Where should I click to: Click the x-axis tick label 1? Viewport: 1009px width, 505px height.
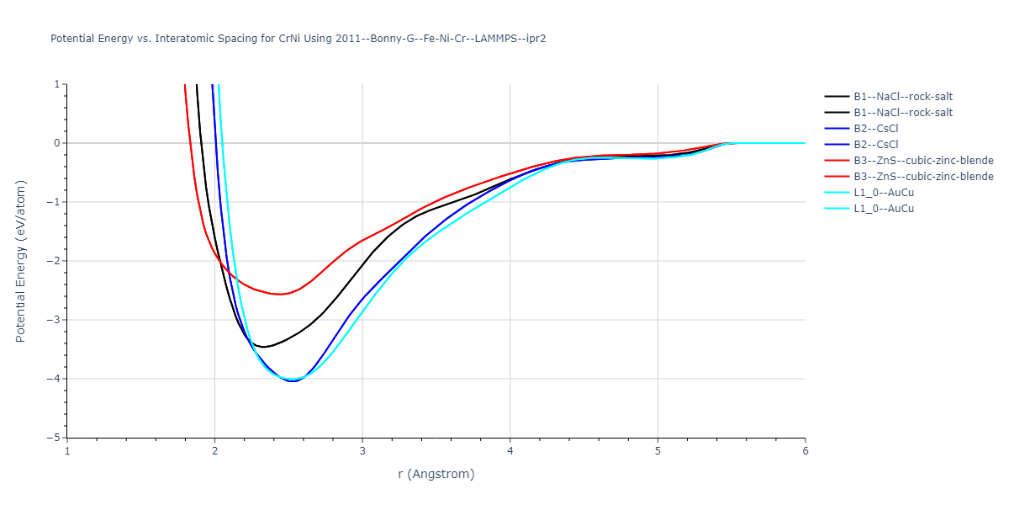[x=67, y=451]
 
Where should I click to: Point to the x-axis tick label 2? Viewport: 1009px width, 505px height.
[x=215, y=451]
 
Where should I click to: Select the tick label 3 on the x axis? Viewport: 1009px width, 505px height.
[x=362, y=451]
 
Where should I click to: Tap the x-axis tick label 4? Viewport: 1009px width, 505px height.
[x=510, y=451]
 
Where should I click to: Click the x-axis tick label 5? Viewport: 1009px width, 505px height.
[x=658, y=451]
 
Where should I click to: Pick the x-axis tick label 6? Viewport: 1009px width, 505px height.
[x=806, y=451]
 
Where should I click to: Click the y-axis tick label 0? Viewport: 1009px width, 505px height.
[x=57, y=143]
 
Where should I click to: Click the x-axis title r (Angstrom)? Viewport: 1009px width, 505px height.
[x=436, y=474]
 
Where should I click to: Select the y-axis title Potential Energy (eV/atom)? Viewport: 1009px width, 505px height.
[x=21, y=261]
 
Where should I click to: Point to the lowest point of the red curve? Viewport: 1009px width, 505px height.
[x=279, y=295]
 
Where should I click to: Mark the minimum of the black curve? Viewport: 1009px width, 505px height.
[x=263, y=347]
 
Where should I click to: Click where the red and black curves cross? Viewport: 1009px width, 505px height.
[x=220, y=264]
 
